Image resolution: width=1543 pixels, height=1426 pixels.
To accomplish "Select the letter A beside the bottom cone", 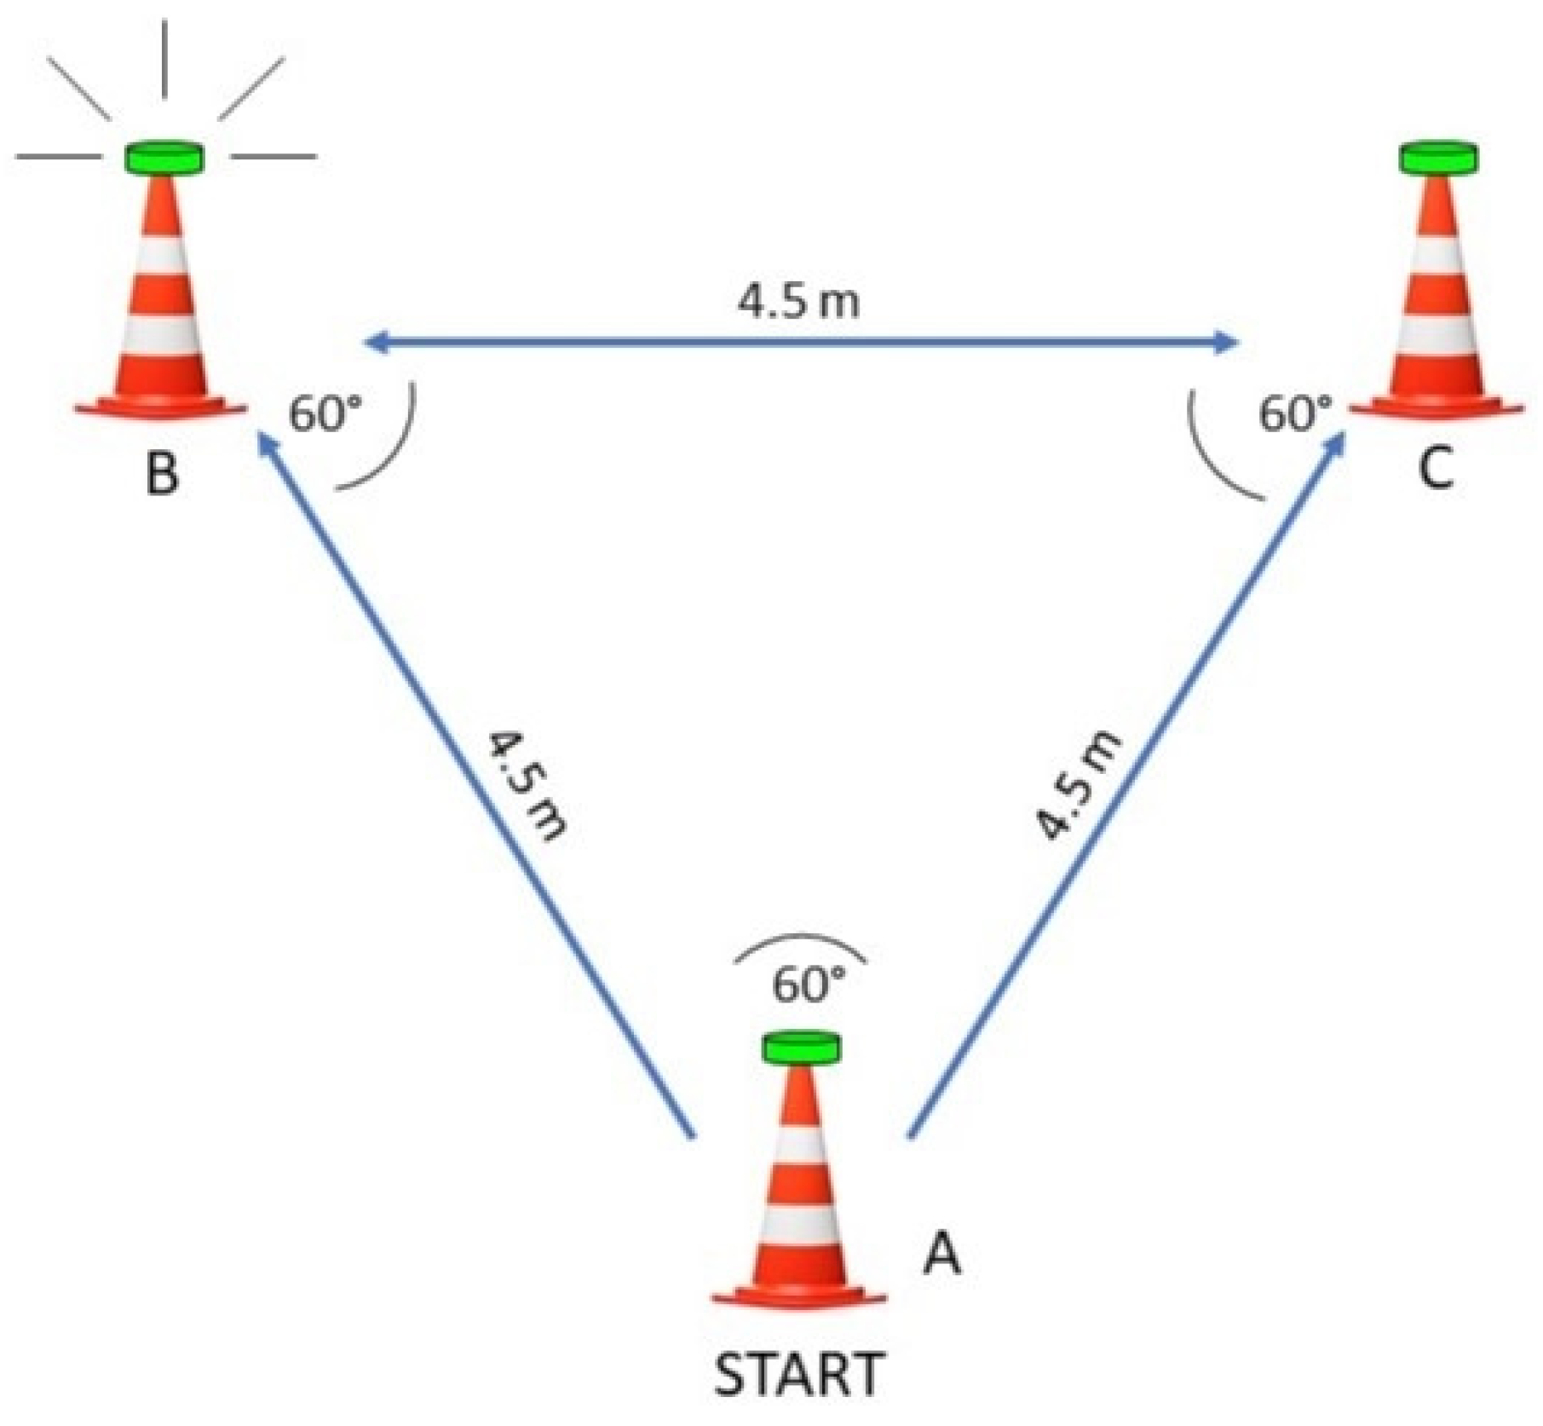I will [942, 1254].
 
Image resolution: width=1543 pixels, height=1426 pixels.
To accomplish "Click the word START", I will [798, 1374].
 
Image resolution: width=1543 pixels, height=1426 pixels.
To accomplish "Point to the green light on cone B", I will [164, 159].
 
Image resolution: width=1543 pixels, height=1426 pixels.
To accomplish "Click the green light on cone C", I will [1439, 159].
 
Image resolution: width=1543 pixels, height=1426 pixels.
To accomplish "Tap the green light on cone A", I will [801, 1048].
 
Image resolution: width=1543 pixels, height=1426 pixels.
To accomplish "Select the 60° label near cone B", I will [325, 415].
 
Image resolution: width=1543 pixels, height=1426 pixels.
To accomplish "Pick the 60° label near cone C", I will [1294, 414].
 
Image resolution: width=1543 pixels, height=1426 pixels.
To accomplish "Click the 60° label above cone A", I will [809, 984].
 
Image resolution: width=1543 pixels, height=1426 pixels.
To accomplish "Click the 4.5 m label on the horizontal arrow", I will [798, 302].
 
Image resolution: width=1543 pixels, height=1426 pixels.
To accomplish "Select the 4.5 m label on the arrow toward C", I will [1079, 784].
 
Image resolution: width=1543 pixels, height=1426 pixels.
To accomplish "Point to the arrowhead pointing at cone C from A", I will [1335, 443].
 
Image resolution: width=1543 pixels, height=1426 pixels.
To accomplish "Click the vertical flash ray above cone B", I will [164, 60].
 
